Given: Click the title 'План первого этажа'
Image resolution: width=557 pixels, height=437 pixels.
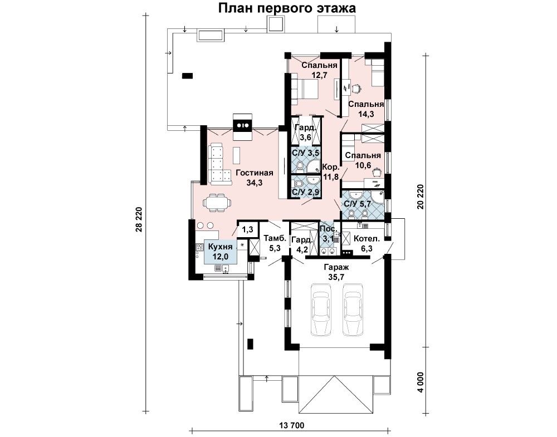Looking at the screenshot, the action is tap(287, 8).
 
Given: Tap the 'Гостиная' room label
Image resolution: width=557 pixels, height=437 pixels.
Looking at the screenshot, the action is tap(254, 173).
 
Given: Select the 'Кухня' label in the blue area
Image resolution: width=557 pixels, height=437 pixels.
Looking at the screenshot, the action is tap(220, 247).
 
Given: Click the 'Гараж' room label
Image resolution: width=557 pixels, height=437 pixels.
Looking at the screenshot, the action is tap(336, 267).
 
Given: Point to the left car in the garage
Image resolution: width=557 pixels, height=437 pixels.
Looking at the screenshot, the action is tap(322, 309).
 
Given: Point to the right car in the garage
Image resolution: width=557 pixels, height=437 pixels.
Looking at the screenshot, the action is tap(354, 309).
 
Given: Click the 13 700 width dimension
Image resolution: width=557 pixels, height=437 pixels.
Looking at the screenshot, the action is tap(292, 425).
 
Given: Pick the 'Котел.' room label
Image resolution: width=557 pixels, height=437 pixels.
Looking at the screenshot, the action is tap(367, 239).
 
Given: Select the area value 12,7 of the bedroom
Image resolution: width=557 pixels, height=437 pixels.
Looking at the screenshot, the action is tap(319, 75).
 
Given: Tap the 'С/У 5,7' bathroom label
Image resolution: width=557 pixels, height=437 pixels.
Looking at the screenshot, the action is tap(358, 204).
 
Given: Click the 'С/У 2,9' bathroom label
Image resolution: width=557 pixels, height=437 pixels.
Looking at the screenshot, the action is tap(305, 192).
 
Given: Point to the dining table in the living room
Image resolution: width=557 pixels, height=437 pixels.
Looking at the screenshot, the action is tap(216, 203).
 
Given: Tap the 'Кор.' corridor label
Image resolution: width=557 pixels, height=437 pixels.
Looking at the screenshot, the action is tap(331, 167).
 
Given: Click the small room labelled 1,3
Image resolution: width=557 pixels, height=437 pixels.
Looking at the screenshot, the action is tap(247, 230).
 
